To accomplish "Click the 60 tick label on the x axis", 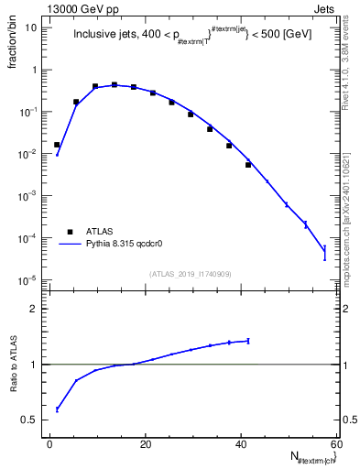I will coord(334,444).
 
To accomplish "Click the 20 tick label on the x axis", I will coord(145,444).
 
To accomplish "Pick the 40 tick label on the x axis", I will coord(239,444).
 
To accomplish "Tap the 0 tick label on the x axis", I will coord(49,444).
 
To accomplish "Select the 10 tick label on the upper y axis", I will coord(29,27).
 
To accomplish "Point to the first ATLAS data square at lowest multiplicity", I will coord(57,145).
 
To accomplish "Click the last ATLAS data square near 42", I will coord(248,165).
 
